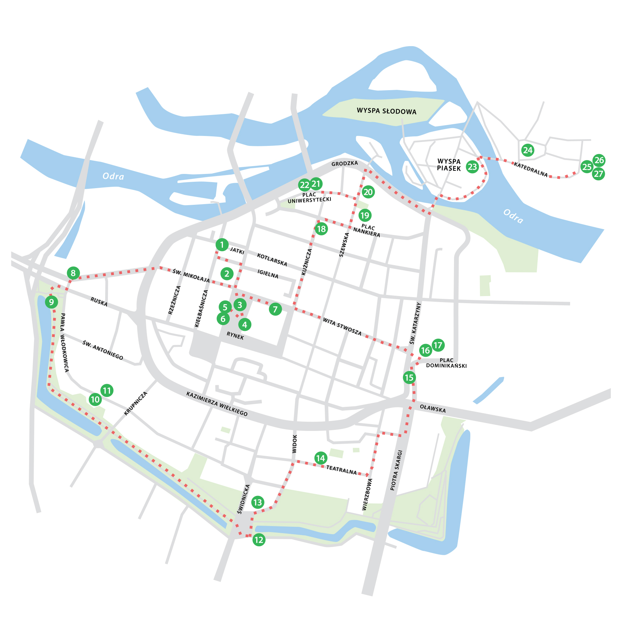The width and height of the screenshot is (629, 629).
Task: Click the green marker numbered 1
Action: pyautogui.click(x=222, y=245)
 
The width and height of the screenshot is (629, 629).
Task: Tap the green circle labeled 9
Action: pyautogui.click(x=51, y=302)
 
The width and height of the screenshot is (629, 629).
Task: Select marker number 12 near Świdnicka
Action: pyautogui.click(x=259, y=540)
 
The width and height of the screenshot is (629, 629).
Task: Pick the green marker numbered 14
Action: pyautogui.click(x=321, y=458)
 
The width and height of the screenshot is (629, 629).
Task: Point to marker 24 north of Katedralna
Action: pyautogui.click(x=528, y=150)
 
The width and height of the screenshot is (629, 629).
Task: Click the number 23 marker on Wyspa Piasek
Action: pyautogui.click(x=472, y=166)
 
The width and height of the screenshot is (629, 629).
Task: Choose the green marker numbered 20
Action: pyautogui.click(x=368, y=192)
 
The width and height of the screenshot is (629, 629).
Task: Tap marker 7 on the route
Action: pyautogui.click(x=275, y=309)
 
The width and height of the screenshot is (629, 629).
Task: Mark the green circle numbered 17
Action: pyautogui.click(x=438, y=345)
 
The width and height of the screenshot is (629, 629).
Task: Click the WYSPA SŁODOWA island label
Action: pyautogui.click(x=387, y=111)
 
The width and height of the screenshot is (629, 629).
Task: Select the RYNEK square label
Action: pyautogui.click(x=235, y=335)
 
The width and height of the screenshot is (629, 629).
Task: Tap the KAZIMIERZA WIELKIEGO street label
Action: pyautogui.click(x=217, y=404)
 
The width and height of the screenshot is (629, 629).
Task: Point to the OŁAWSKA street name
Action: pyautogui.click(x=433, y=408)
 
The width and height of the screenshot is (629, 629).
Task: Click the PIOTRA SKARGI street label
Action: pyautogui.click(x=396, y=470)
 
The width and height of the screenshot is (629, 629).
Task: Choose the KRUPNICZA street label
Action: pyautogui.click(x=136, y=404)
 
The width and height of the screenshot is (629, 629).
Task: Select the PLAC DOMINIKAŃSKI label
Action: pyautogui.click(x=446, y=363)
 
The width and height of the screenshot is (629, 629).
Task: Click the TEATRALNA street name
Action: pyautogui.click(x=341, y=470)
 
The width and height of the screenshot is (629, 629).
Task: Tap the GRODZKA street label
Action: pyautogui.click(x=345, y=163)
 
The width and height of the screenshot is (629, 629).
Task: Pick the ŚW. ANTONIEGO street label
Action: pyautogui.click(x=103, y=350)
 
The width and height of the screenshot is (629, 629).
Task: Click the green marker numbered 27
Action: pyautogui.click(x=598, y=174)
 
